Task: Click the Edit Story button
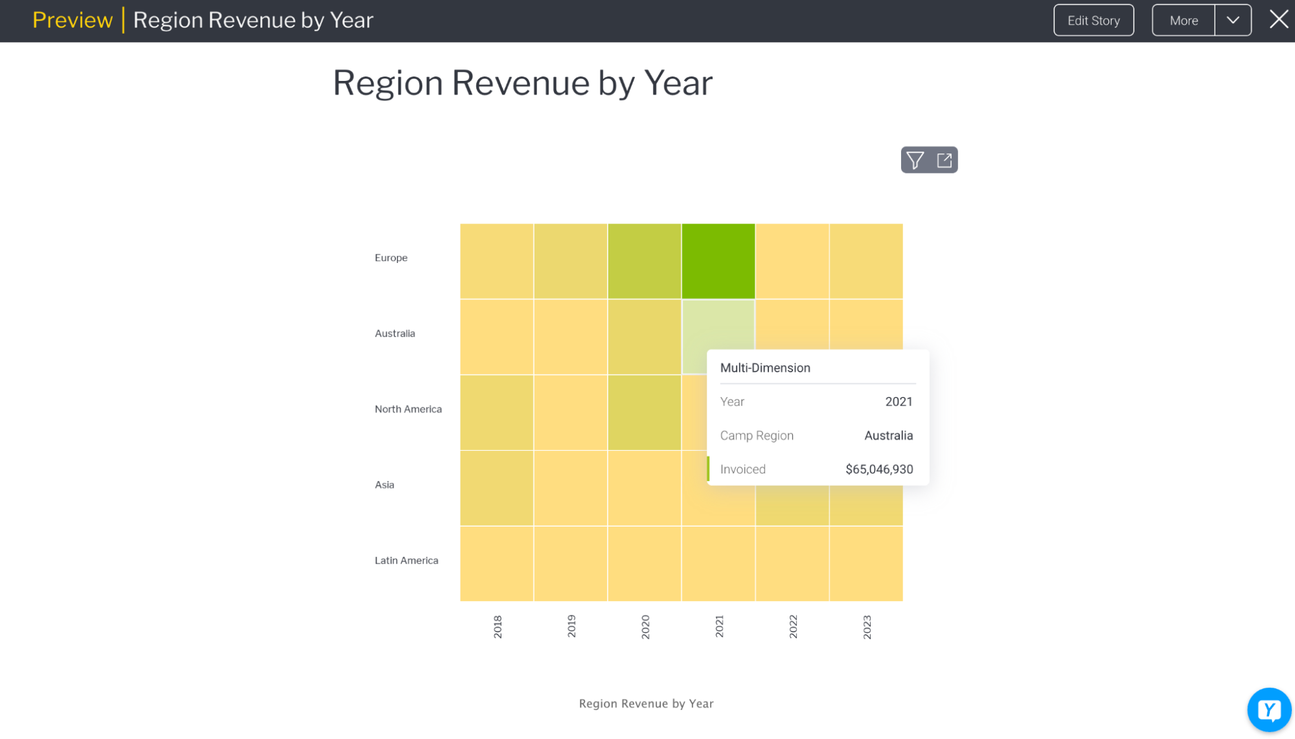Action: [1093, 21]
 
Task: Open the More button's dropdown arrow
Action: [1233, 21]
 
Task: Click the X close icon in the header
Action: [1278, 19]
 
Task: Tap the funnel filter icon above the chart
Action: [915, 160]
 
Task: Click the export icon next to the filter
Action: [945, 160]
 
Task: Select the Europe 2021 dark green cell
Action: [718, 261]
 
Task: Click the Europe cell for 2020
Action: [644, 261]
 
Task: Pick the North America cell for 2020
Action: [644, 412]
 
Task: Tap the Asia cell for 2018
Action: [496, 488]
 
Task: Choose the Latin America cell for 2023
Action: [866, 563]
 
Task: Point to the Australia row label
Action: [395, 334]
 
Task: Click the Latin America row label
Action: [406, 561]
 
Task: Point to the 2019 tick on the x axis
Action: [571, 626]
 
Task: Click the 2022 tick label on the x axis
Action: [793, 626]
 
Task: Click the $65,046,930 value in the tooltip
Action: [878, 470]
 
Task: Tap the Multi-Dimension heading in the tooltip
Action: [765, 368]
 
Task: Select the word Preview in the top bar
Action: [73, 21]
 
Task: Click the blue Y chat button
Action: [1268, 710]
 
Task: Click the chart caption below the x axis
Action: [646, 704]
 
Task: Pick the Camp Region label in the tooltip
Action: [757, 436]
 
